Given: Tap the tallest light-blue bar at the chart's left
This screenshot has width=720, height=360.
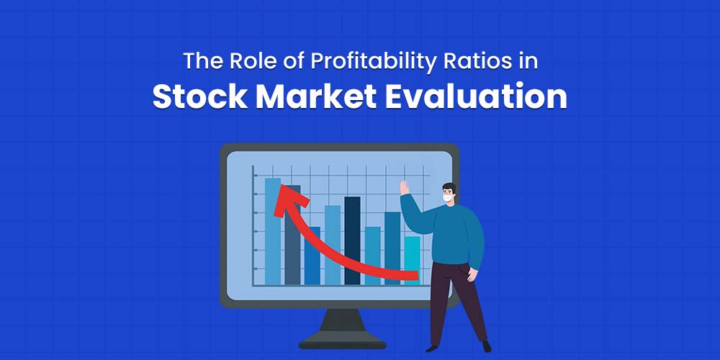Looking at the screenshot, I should (x=272, y=230).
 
